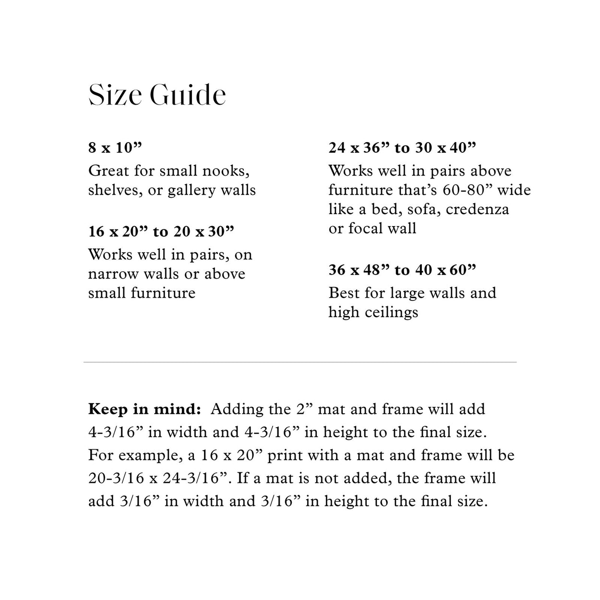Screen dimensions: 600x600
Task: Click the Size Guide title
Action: [157, 95]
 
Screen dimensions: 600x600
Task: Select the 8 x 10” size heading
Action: [115, 147]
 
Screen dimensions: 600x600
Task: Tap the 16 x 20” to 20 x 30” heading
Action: [161, 232]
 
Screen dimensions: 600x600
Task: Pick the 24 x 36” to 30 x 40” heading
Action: [402, 147]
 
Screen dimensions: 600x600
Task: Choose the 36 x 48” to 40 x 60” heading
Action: [402, 270]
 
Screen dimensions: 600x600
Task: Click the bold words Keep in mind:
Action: [144, 409]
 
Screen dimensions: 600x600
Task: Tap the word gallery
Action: [192, 191]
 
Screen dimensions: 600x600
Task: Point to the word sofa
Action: [429, 210]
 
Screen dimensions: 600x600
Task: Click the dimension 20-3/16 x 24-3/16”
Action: [159, 478]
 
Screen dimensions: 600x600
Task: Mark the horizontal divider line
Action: [300, 362]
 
